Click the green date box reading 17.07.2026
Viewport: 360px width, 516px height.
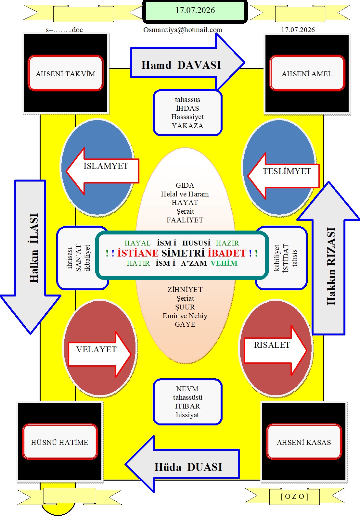click(x=195, y=11)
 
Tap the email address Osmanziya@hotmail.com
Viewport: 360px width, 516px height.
click(x=183, y=30)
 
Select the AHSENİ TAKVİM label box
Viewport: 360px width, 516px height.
click(x=65, y=73)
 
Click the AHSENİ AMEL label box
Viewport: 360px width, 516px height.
click(x=307, y=73)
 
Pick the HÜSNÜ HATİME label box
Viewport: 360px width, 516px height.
click(x=60, y=442)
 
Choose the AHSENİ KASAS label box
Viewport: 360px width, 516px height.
click(x=304, y=442)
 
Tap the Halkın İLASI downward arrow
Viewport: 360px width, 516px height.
click(x=31, y=257)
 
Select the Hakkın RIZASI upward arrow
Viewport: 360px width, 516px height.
click(x=329, y=258)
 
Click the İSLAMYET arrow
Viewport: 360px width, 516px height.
click(x=103, y=171)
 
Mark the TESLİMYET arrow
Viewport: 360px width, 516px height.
click(x=283, y=176)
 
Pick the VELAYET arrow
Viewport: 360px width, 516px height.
click(x=100, y=354)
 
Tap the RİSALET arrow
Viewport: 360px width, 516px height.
click(x=276, y=350)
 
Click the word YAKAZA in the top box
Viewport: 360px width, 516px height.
click(x=187, y=126)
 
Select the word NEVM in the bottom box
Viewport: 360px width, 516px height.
click(x=187, y=389)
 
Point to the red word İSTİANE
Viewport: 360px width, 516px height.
click(x=138, y=253)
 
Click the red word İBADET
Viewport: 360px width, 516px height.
click(x=227, y=253)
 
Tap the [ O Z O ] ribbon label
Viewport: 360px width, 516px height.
click(x=295, y=497)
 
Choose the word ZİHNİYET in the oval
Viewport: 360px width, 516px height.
click(x=185, y=289)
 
